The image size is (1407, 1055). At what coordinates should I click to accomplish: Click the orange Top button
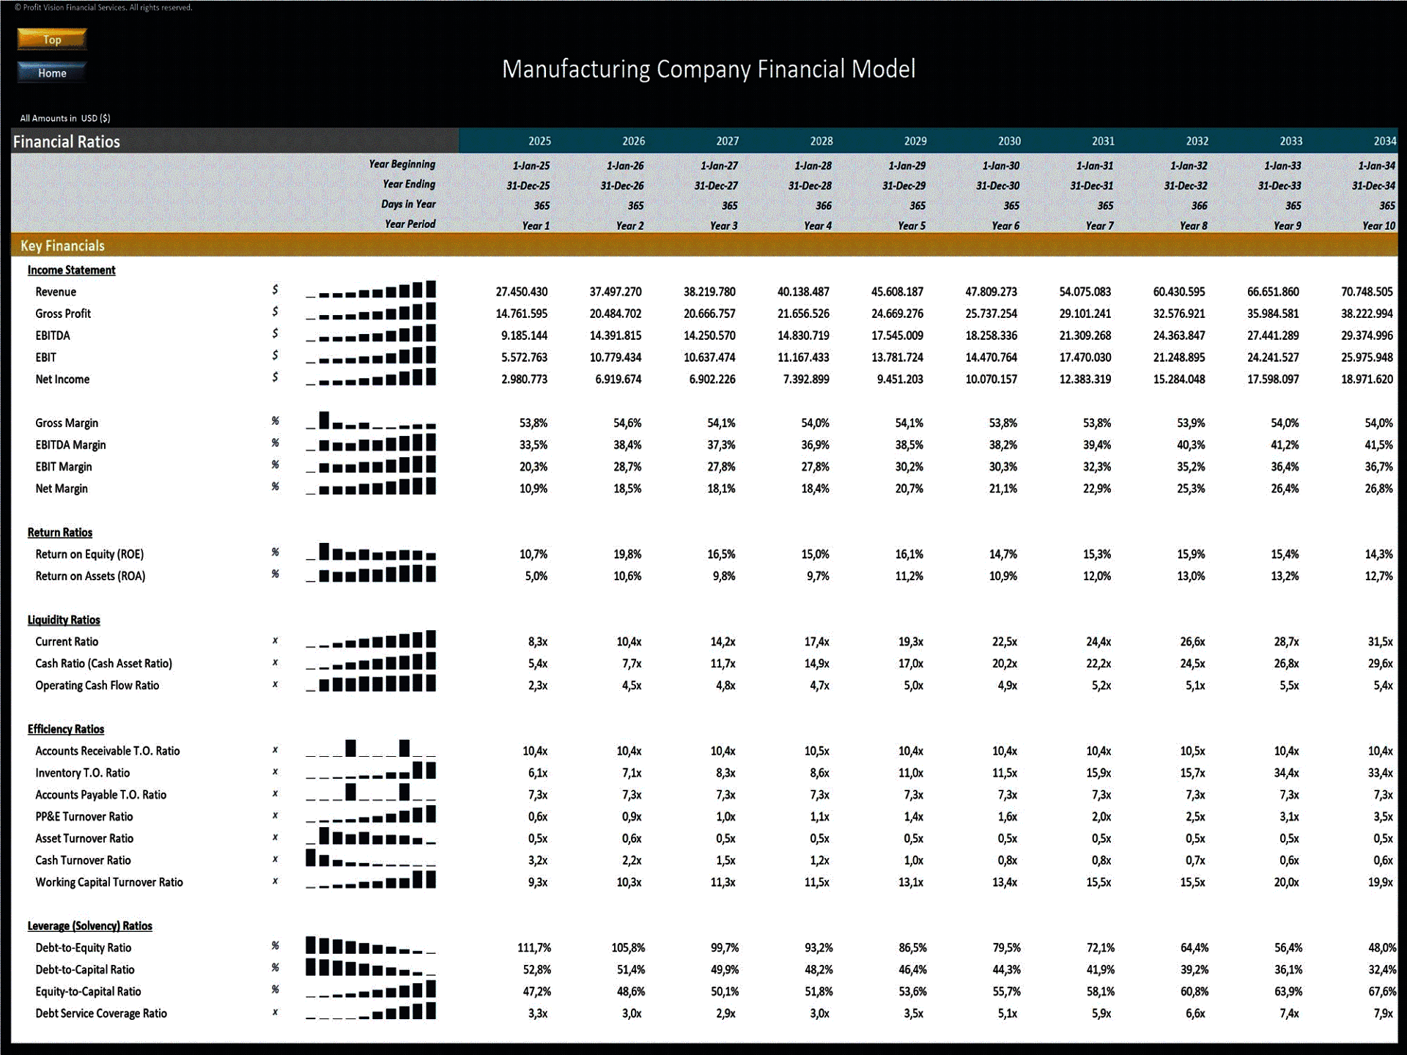point(52,40)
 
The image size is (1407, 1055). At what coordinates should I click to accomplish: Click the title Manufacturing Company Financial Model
point(708,70)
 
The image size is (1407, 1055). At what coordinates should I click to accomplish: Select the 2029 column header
point(915,141)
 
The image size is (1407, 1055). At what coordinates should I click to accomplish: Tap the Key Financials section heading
point(62,246)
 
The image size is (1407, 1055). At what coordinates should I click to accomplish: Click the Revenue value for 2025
point(521,292)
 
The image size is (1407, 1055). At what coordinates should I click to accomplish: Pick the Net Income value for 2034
point(1367,380)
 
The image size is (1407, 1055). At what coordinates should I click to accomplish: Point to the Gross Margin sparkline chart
point(371,421)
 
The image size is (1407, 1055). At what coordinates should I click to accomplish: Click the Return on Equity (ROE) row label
point(89,555)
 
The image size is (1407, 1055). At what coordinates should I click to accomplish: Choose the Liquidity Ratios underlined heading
point(64,620)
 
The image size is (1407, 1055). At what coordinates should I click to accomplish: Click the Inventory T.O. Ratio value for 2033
point(1286,773)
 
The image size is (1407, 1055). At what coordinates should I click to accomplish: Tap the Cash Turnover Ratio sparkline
point(371,858)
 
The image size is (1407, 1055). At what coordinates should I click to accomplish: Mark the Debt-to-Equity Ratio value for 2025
point(533,948)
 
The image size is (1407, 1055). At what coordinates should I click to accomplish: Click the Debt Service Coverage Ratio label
point(101,1014)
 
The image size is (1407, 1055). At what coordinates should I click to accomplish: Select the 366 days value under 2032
point(1199,206)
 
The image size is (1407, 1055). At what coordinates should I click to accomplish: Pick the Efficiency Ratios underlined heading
point(66,730)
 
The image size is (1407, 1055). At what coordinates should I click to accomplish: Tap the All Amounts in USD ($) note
point(65,118)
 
